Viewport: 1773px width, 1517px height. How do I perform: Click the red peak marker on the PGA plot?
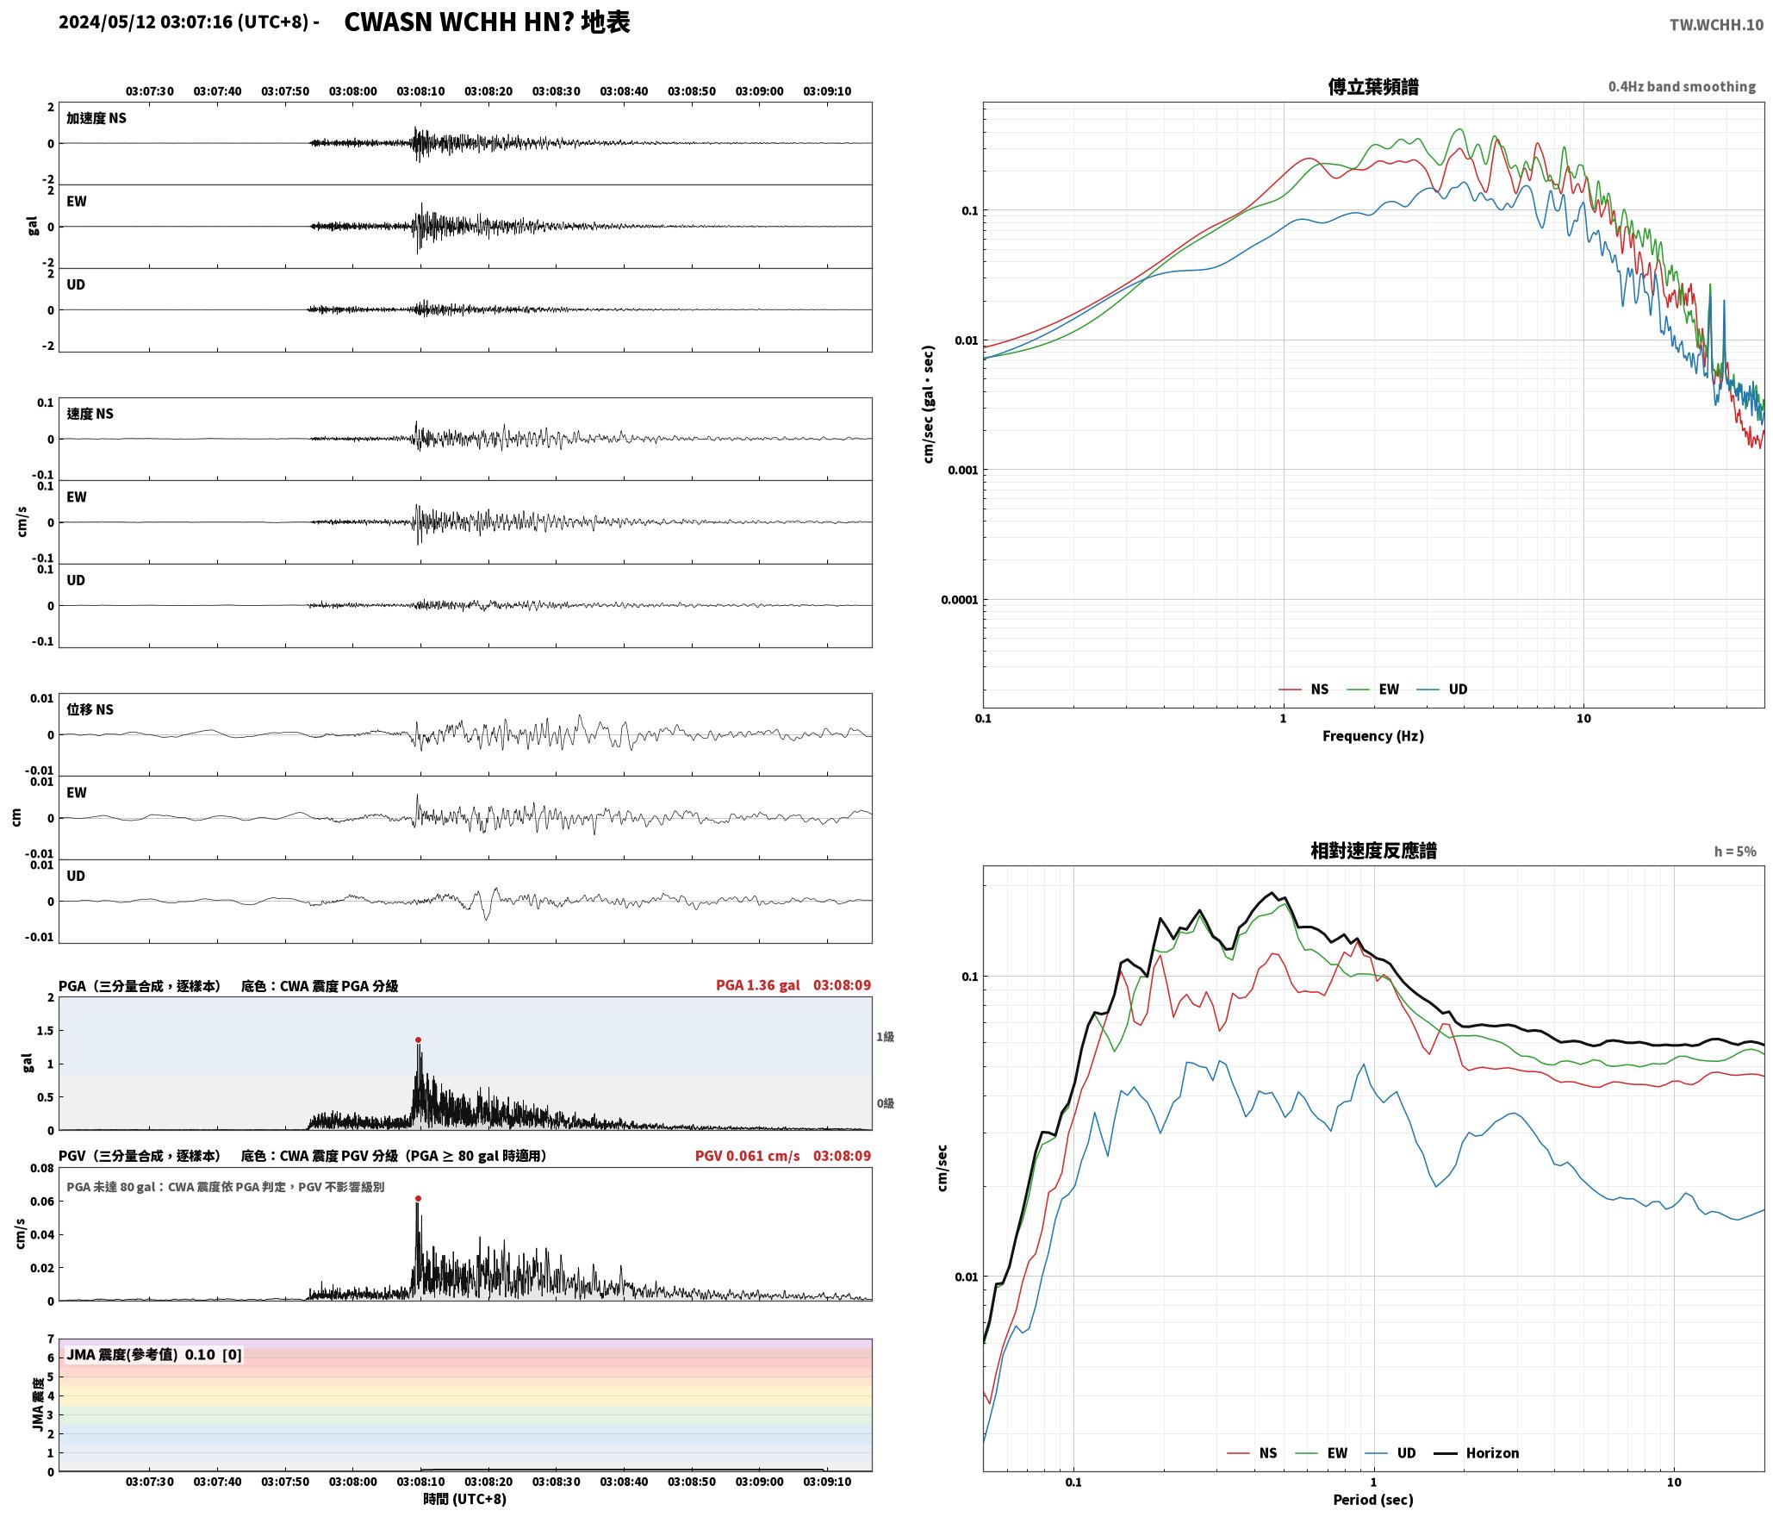tap(418, 1040)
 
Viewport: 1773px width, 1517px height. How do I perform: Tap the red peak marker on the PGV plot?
tap(418, 1199)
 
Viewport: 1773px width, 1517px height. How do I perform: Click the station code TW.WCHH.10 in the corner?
tap(1716, 25)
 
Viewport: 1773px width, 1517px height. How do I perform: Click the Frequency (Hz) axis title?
tap(1372, 736)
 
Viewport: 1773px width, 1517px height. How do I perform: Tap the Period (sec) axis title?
tap(1372, 1500)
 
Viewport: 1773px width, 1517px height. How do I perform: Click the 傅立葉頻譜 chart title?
tap(1373, 87)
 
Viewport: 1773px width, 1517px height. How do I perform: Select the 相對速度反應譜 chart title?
tap(1373, 851)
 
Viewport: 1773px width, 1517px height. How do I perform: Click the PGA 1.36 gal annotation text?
tap(757, 985)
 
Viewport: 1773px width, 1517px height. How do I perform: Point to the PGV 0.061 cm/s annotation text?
tap(747, 1156)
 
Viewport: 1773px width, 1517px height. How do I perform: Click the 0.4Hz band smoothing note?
tap(1682, 87)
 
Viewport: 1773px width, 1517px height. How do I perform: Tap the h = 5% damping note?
tap(1735, 852)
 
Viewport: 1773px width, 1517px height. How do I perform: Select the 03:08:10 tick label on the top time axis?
tap(420, 91)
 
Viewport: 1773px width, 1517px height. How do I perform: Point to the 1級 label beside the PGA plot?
tap(885, 1037)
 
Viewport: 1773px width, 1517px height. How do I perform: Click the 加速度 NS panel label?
tap(96, 119)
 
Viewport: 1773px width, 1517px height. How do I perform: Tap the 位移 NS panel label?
tap(90, 710)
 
